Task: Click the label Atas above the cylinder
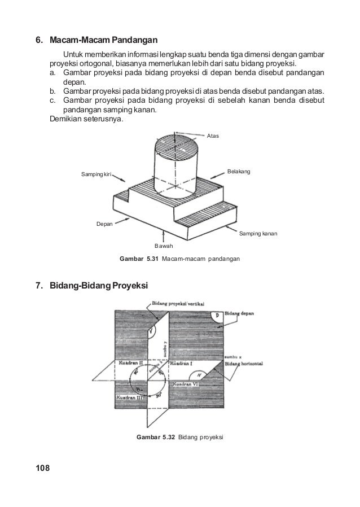(x=213, y=136)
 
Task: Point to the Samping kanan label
(x=259, y=233)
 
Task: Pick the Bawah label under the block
(x=164, y=246)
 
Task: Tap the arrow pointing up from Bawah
(x=163, y=236)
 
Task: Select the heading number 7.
(x=39, y=286)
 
